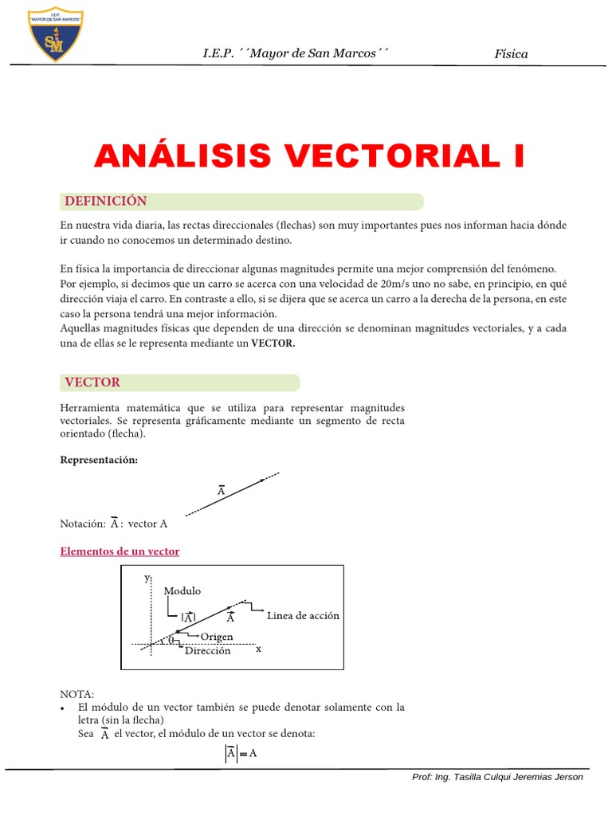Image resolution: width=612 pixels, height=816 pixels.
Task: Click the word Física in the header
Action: point(511,54)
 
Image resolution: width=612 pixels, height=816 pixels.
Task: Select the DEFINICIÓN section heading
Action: point(106,201)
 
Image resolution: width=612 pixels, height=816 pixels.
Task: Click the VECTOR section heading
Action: point(92,382)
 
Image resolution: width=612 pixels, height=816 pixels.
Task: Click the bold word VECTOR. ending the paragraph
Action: point(273,343)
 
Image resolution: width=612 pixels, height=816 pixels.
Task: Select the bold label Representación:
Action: point(99,461)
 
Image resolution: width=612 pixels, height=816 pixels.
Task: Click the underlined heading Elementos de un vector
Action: point(120,551)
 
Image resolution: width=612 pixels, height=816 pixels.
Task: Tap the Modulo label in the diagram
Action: point(182,591)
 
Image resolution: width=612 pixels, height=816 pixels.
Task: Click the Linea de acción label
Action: point(303,615)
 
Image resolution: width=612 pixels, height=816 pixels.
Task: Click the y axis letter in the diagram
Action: point(147,578)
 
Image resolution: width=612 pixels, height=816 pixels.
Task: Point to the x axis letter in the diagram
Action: point(258,649)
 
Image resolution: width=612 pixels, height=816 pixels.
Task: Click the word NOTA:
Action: point(76,694)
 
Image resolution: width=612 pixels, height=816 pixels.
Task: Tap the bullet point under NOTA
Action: point(63,708)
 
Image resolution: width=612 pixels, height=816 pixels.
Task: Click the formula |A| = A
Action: point(240,753)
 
